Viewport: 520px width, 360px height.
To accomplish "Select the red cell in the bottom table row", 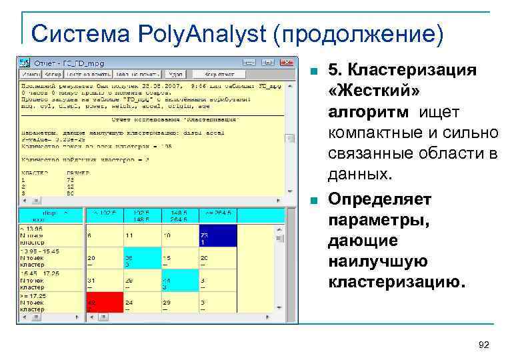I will click(104, 305).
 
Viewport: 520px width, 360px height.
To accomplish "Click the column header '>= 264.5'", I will click(218, 213).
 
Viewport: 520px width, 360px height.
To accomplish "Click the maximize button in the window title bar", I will click(277, 63).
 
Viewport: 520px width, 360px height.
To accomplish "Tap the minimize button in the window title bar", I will click(267, 63).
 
